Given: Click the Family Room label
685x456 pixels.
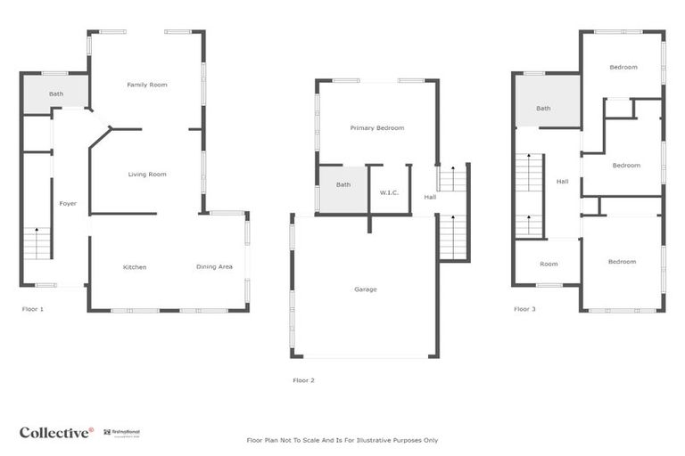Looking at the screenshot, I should (x=147, y=85).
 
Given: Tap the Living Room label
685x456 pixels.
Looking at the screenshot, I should (x=147, y=175).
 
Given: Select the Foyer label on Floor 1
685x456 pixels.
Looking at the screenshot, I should (x=68, y=204).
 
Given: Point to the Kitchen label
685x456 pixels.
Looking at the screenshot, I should (x=135, y=267).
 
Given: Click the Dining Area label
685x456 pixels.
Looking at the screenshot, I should (x=214, y=267).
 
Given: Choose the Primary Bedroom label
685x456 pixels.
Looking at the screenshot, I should (x=376, y=128).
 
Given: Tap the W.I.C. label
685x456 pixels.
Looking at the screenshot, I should (x=389, y=192).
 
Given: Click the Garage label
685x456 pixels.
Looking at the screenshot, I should (x=366, y=289).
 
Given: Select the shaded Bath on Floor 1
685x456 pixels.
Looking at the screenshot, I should (x=56, y=94).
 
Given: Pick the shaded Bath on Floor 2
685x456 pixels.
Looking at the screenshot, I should (x=343, y=185).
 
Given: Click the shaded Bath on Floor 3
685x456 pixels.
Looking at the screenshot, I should (x=543, y=109).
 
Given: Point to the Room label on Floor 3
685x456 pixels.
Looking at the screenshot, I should (x=549, y=264).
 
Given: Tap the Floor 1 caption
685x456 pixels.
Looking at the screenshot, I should (x=33, y=309).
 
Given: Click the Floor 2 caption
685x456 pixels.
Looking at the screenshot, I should (x=304, y=380).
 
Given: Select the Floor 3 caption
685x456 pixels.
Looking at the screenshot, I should (x=525, y=309).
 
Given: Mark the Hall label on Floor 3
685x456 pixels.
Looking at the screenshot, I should (x=562, y=182).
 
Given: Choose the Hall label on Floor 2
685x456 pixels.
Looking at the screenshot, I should (x=430, y=197).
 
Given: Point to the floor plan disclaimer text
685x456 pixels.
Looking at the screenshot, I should (x=342, y=440).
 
